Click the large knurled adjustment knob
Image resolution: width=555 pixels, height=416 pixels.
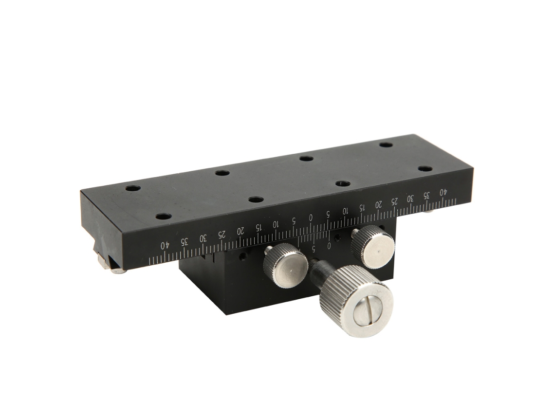coord(356,301)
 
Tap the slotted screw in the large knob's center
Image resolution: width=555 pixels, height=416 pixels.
coord(368,311)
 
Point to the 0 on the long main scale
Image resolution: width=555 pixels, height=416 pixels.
coord(311,217)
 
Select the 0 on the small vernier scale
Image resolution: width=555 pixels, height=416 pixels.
coord(329,246)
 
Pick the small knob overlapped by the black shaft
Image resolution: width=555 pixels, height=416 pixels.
coord(286,265)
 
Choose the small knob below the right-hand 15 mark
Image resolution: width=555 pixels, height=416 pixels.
coord(373,247)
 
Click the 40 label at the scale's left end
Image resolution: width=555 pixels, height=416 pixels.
coord(165,245)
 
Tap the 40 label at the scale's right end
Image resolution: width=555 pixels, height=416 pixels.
coord(443,192)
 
